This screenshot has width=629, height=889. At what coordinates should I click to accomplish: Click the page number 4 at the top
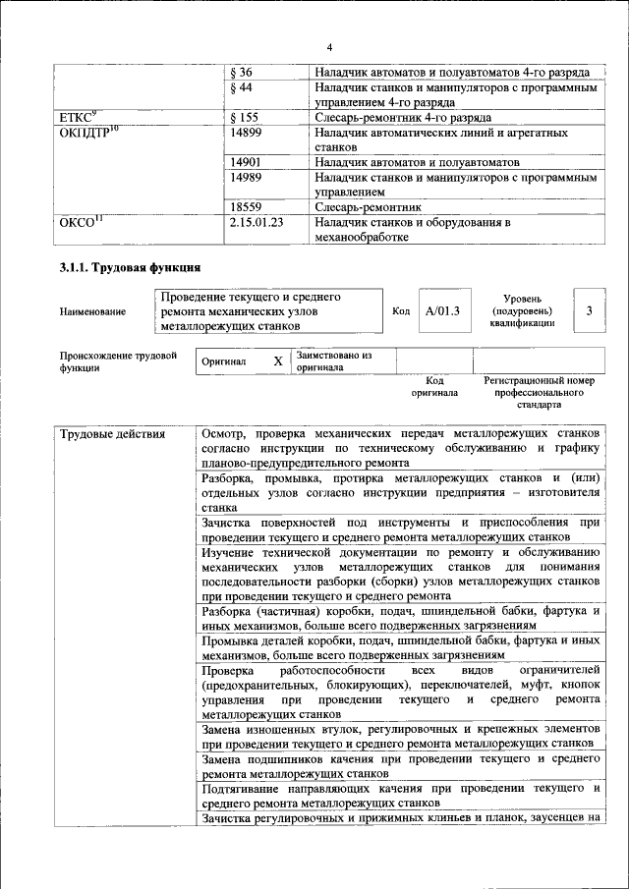coord(329,48)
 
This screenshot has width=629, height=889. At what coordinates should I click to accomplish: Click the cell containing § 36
coord(241,73)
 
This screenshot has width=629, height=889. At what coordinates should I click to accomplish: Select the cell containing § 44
coord(241,88)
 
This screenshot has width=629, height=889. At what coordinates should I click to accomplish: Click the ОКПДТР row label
coord(89,132)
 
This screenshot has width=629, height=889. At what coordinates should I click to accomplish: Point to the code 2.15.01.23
coord(256,223)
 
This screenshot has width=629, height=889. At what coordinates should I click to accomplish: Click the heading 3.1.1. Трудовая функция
coord(130,266)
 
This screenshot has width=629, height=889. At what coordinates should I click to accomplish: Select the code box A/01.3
coord(442,311)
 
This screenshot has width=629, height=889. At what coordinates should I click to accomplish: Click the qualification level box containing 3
coord(588,311)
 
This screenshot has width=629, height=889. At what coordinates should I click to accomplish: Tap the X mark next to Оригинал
coord(278,361)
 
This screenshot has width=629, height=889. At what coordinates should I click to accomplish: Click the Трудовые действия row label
coord(112,434)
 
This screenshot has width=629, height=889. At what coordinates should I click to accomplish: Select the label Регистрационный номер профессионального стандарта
coord(540,391)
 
